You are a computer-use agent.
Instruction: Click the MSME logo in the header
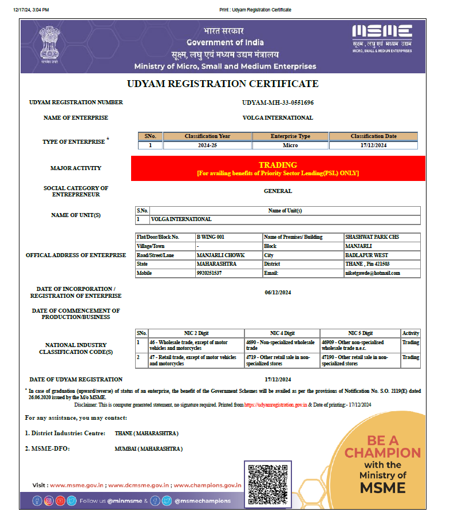tap(382, 38)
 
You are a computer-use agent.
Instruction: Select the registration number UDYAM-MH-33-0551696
tap(278, 103)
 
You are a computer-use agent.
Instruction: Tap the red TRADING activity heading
tap(278, 165)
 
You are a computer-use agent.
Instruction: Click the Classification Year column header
tap(207, 136)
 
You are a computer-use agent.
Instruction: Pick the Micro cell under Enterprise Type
tap(290, 145)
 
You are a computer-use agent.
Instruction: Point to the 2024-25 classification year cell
tap(207, 145)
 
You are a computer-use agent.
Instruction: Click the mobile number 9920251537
tap(209, 273)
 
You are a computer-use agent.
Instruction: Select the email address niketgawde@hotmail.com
tap(372, 273)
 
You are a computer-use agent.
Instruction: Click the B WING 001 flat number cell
tap(210, 237)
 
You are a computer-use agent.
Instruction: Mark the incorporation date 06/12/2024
tap(278, 293)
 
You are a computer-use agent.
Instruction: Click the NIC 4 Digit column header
tap(282, 333)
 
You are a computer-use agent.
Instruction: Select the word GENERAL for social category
tap(278, 191)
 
